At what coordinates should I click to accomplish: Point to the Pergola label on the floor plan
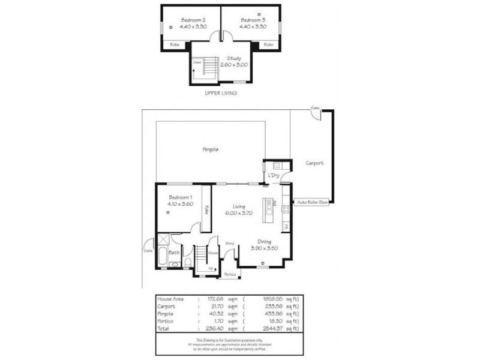pos(209,149)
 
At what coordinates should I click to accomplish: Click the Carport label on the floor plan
pos(314,163)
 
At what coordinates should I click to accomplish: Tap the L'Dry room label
pos(274,175)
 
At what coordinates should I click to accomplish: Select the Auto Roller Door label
pos(313,203)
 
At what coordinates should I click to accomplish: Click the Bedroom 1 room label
pos(180,197)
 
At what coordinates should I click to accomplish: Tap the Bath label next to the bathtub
pos(173,253)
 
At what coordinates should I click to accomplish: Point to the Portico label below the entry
pos(229,274)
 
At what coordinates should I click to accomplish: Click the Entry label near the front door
pos(230,243)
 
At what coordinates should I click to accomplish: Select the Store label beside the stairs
pos(212,253)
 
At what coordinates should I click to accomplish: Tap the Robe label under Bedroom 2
pos(175,44)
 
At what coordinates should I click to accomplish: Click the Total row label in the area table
pos(164,328)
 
